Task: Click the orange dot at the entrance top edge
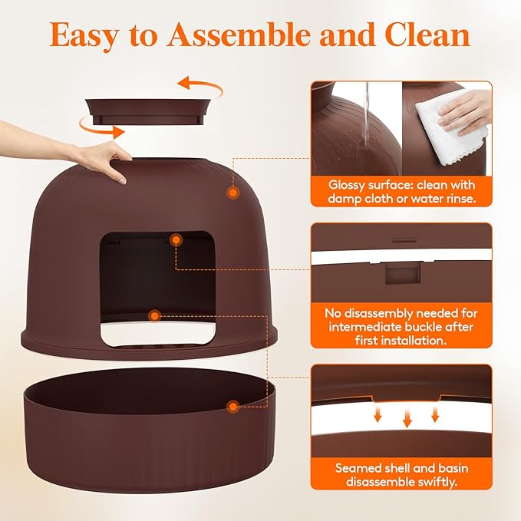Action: point(176,241)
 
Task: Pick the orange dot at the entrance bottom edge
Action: point(155,315)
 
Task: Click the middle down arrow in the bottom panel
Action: point(407,417)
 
